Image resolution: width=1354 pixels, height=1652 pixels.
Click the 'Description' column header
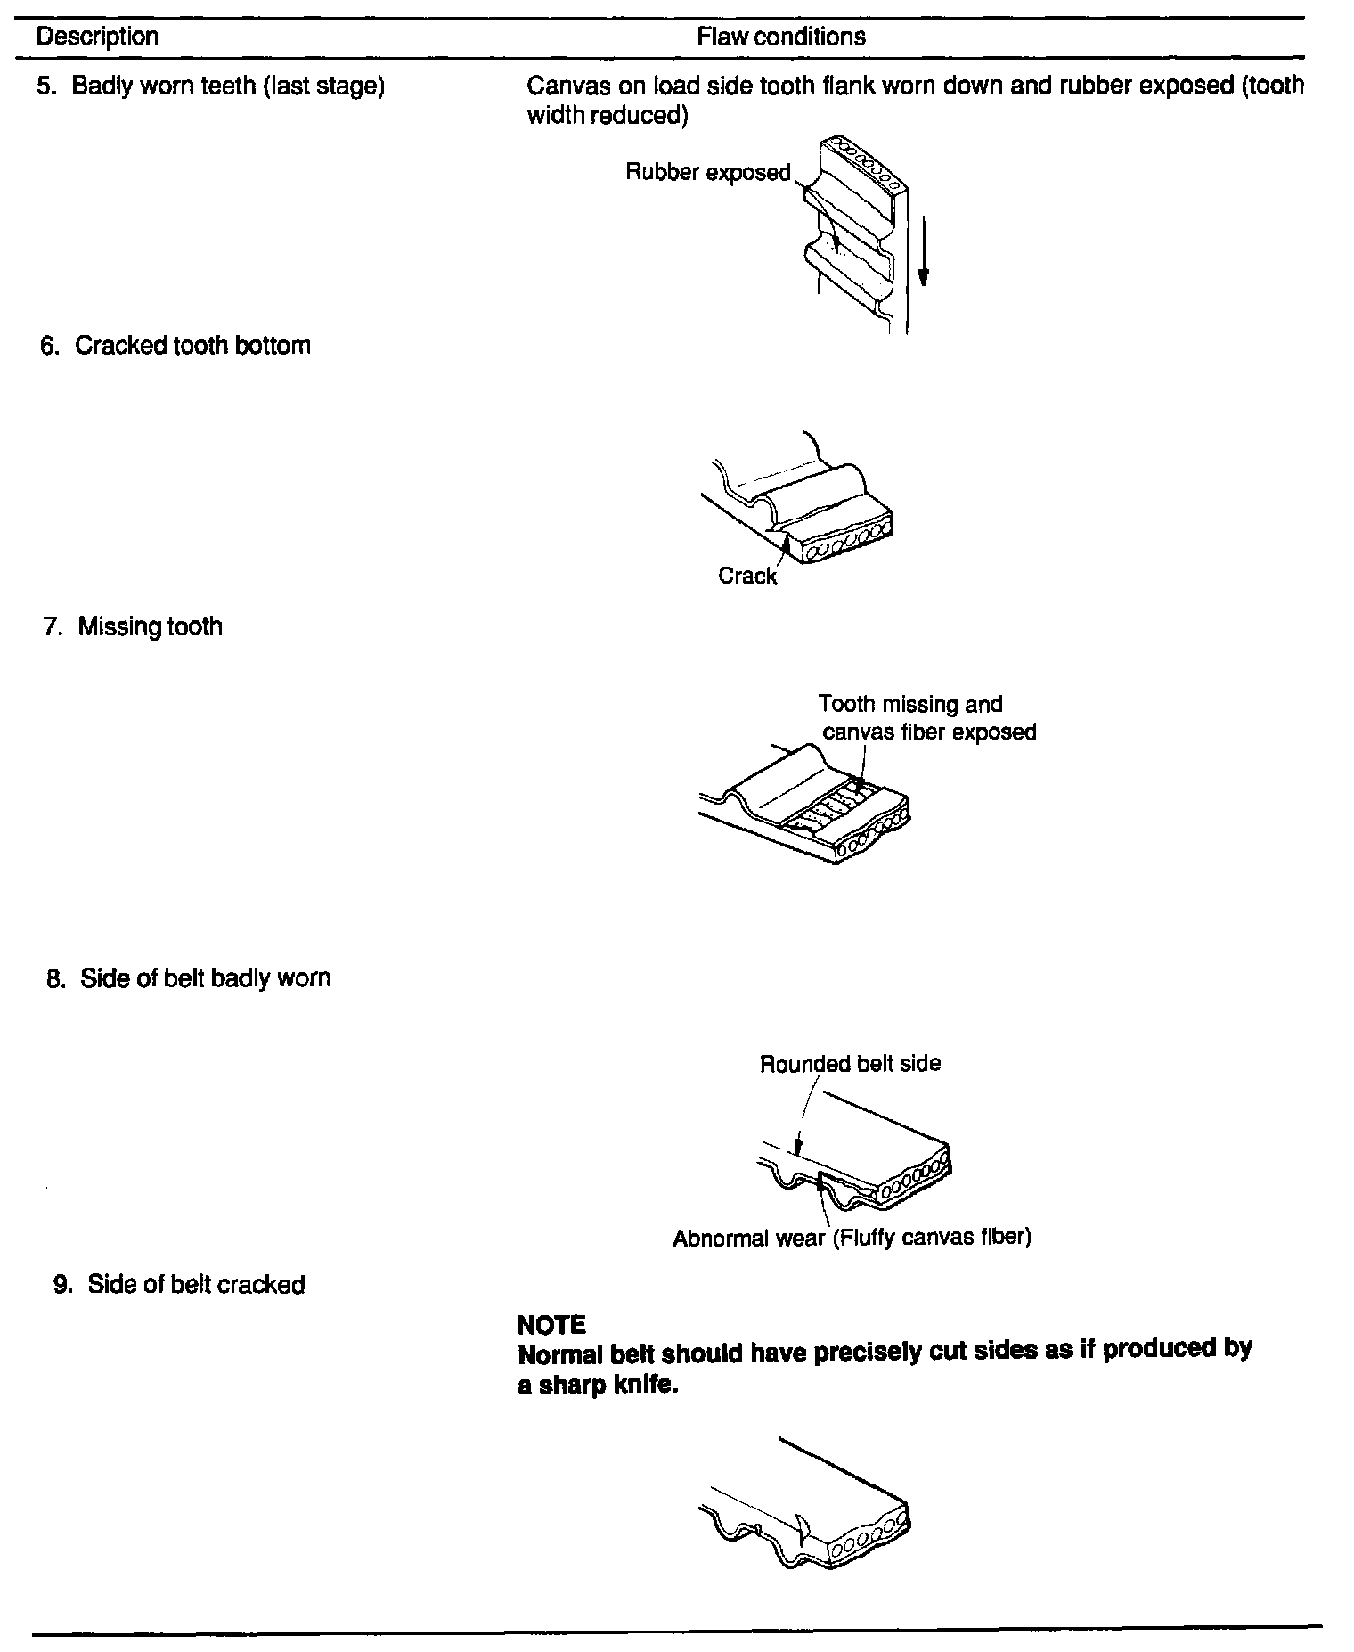97,37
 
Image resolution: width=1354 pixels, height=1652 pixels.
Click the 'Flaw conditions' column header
780,37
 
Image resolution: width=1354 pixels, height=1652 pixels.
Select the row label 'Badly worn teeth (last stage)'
228,86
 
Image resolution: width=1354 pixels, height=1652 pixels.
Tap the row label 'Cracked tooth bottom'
192,346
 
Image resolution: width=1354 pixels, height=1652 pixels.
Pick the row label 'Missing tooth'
150,626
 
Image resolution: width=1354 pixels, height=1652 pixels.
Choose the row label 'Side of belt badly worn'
205,977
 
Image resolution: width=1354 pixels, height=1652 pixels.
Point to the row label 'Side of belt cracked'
196,1284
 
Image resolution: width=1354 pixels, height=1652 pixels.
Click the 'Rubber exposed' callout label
708,172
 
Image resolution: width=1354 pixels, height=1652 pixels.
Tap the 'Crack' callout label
747,577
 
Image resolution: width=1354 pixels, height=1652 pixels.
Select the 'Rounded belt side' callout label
850,1063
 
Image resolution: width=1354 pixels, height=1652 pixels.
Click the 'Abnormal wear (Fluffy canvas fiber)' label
852,1239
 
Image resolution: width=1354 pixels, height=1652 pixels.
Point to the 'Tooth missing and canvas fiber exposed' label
926,718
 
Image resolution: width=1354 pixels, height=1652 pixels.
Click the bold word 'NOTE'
551,1325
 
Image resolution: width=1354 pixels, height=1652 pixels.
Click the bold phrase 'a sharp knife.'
598,1386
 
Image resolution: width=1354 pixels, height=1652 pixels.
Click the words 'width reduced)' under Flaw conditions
607,116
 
